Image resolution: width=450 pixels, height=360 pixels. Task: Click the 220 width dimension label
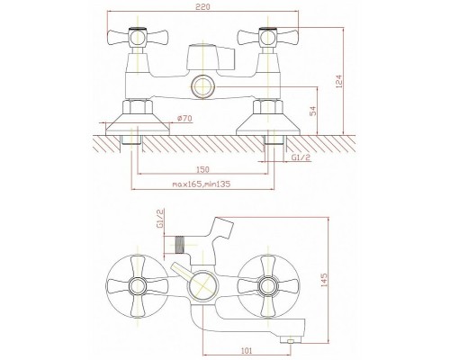pyautogui.click(x=203, y=6)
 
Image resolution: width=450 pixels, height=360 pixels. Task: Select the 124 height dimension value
pyautogui.click(x=339, y=81)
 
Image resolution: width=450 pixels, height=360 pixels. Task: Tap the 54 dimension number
pyautogui.click(x=313, y=111)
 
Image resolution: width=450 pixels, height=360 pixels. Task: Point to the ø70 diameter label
pyautogui.click(x=184, y=119)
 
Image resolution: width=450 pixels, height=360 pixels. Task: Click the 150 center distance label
pyautogui.click(x=202, y=169)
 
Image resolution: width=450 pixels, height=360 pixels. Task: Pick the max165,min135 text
pyautogui.click(x=202, y=184)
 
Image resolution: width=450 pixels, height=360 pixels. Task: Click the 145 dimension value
pyautogui.click(x=324, y=280)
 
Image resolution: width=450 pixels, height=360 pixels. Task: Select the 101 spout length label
pyautogui.click(x=247, y=350)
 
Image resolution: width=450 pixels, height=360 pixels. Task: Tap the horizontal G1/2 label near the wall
pyautogui.click(x=301, y=157)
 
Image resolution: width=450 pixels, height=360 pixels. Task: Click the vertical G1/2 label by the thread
pyautogui.click(x=160, y=219)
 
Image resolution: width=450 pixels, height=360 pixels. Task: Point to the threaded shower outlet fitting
pyautogui.click(x=179, y=245)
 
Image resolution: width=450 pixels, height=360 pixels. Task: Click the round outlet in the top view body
pyautogui.click(x=203, y=86)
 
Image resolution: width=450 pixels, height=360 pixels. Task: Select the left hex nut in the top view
pyautogui.click(x=138, y=107)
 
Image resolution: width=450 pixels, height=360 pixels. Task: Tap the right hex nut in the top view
pyautogui.click(x=268, y=107)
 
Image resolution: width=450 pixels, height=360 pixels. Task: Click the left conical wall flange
pyautogui.click(x=138, y=124)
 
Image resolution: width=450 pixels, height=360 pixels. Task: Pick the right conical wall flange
pyautogui.click(x=268, y=124)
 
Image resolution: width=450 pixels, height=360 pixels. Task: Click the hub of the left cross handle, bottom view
pyautogui.click(x=138, y=285)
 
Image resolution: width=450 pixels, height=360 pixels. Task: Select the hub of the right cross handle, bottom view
pyautogui.click(x=268, y=285)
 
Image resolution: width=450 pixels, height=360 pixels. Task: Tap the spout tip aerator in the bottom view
pyautogui.click(x=290, y=339)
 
